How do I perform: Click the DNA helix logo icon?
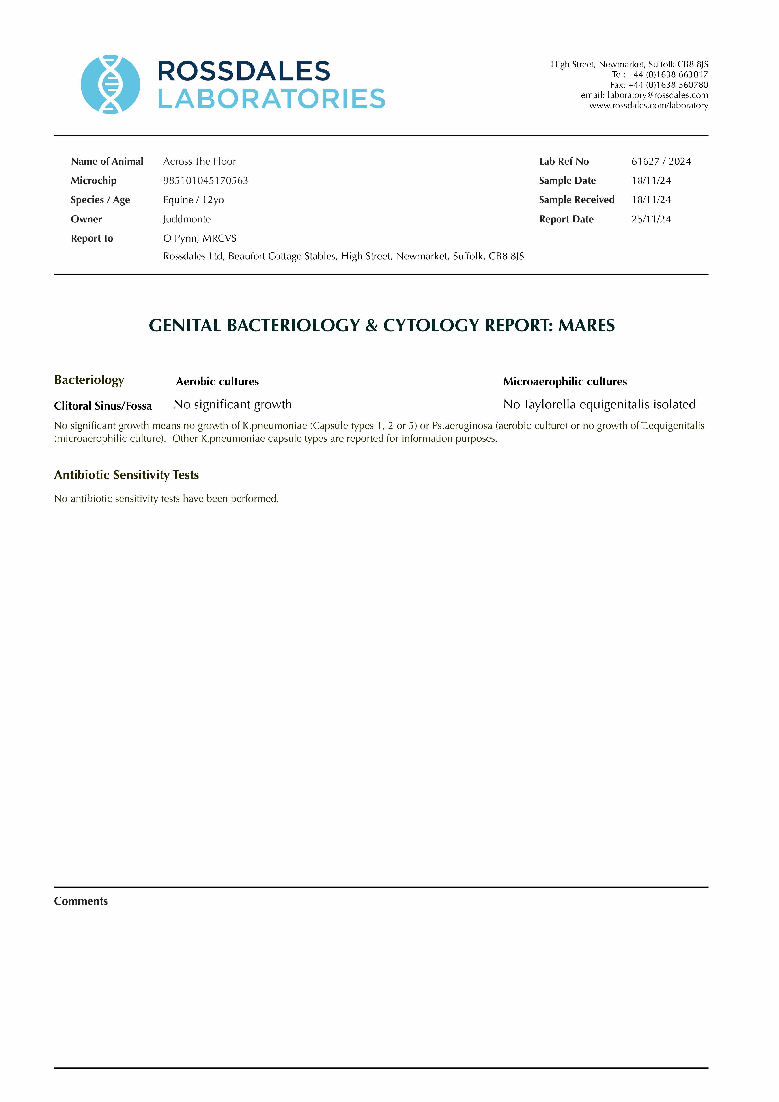[x=110, y=84]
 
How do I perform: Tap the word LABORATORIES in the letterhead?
[x=271, y=99]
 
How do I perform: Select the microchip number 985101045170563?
[x=205, y=181]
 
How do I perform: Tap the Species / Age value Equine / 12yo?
[x=194, y=200]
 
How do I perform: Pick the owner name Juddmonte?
[x=187, y=219]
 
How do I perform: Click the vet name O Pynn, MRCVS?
[x=200, y=238]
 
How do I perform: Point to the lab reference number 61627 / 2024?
[x=661, y=161]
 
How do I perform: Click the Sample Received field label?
[x=576, y=200]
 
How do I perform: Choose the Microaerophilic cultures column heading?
[x=565, y=382]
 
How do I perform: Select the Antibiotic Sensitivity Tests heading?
[x=126, y=475]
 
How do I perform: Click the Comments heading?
[x=81, y=901]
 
